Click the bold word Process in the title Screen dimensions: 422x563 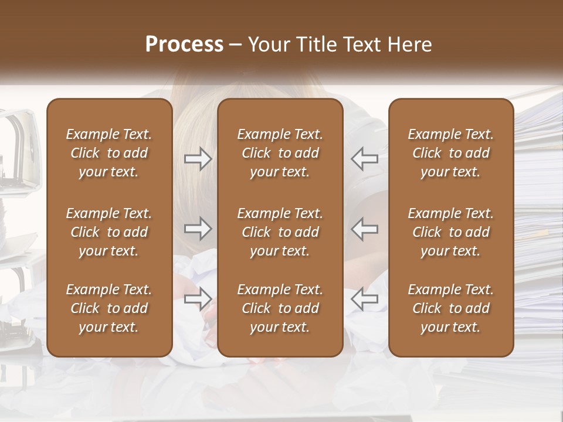(184, 45)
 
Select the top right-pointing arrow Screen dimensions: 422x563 (198, 159)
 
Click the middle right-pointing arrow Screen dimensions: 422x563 (198, 229)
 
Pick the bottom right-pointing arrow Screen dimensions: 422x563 (198, 299)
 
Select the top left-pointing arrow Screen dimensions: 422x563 (364, 159)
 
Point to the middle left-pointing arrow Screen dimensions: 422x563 (364, 229)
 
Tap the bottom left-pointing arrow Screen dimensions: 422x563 (364, 299)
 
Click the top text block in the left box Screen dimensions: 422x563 (109, 153)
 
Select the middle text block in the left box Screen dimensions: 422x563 (109, 232)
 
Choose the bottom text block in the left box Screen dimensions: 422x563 (109, 308)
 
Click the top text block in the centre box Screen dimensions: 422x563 (280, 153)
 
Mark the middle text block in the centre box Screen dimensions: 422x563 (280, 232)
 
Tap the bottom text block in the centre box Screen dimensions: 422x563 (280, 308)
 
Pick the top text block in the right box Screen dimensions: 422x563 (451, 153)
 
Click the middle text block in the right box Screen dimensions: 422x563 (451, 232)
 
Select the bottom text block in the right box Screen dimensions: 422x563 (451, 308)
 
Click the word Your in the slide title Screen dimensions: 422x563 (267, 45)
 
